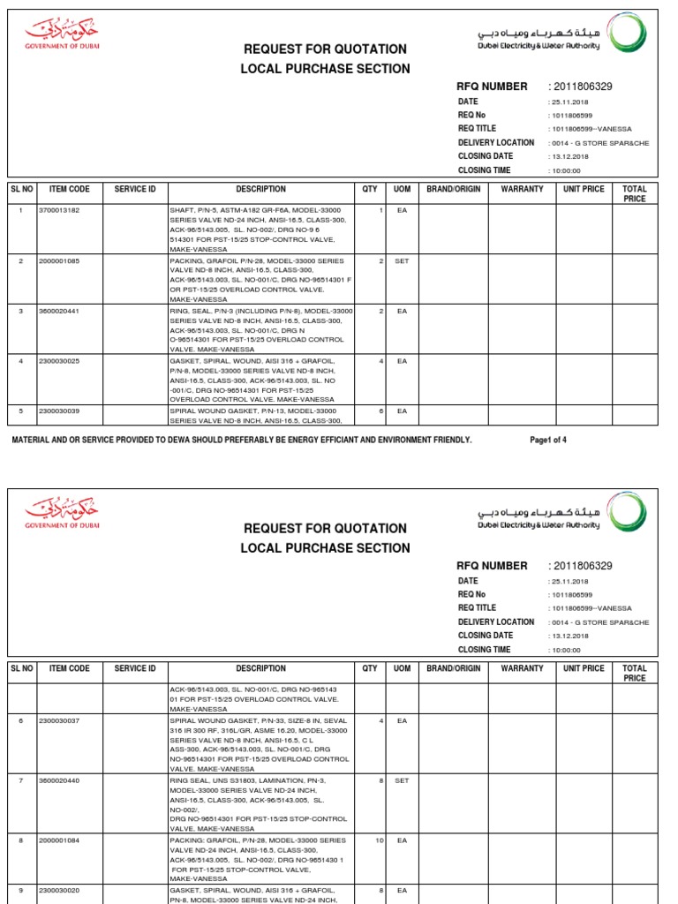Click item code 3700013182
point(59,210)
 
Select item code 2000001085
point(59,261)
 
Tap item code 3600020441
point(59,312)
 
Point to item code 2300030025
point(59,361)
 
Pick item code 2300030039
point(59,411)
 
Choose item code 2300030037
point(59,721)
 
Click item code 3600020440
point(59,781)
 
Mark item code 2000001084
point(59,840)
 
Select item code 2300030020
point(59,891)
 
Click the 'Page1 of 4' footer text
point(548,440)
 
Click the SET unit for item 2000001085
point(402,261)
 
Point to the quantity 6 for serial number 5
point(380,411)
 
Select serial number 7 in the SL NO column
point(20,781)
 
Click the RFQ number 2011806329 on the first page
point(582,87)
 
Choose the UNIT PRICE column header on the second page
point(584,668)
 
